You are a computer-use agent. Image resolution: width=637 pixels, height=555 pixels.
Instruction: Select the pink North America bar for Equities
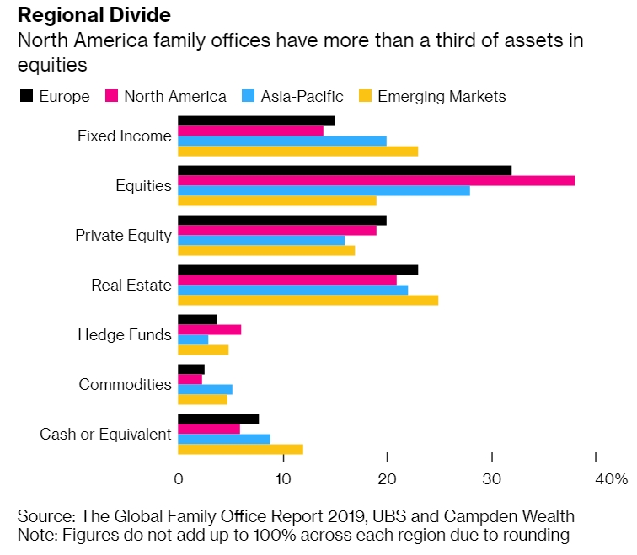click(x=376, y=180)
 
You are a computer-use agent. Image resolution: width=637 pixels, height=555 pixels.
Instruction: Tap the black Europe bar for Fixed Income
click(x=256, y=120)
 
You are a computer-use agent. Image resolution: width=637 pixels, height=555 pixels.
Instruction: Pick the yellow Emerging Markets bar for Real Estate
click(x=308, y=300)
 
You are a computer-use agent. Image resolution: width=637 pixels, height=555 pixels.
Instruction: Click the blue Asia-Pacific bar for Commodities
click(x=205, y=389)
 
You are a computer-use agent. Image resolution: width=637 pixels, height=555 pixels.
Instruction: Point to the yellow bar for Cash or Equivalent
click(x=240, y=449)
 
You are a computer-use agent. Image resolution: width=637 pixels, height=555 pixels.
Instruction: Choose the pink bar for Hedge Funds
click(x=209, y=329)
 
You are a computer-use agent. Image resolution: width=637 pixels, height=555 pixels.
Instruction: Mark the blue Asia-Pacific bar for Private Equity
click(x=261, y=240)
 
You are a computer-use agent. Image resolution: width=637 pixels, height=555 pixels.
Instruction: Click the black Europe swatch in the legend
click(x=26, y=96)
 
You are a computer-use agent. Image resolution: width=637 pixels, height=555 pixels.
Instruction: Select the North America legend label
click(x=174, y=96)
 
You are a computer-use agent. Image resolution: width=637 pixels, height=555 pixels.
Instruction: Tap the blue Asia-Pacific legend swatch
click(x=249, y=96)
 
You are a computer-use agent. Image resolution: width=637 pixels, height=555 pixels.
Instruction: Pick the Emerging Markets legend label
click(x=442, y=96)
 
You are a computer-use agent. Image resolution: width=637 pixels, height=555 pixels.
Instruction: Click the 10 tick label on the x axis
click(x=282, y=479)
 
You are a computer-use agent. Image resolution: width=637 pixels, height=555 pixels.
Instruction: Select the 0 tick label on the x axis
click(x=179, y=479)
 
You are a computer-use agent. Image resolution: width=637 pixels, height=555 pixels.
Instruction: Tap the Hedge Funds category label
click(x=125, y=335)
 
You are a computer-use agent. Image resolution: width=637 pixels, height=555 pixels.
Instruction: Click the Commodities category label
click(x=125, y=384)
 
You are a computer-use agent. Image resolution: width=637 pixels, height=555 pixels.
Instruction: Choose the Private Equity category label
click(x=123, y=236)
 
